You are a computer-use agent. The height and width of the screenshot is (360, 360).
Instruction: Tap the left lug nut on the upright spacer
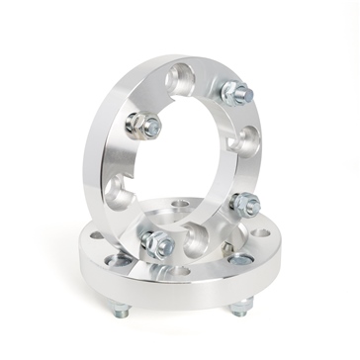pos(144,126)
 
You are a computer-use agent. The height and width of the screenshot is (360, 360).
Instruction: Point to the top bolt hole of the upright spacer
pos(183,73)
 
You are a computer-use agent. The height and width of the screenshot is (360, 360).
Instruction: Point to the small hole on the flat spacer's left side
pos(97,237)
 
